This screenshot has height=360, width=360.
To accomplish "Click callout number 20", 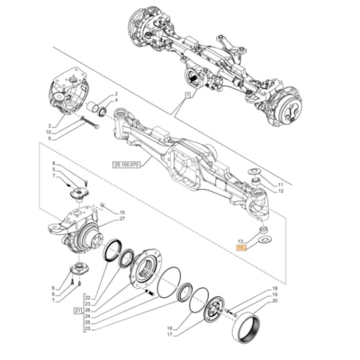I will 274,301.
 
